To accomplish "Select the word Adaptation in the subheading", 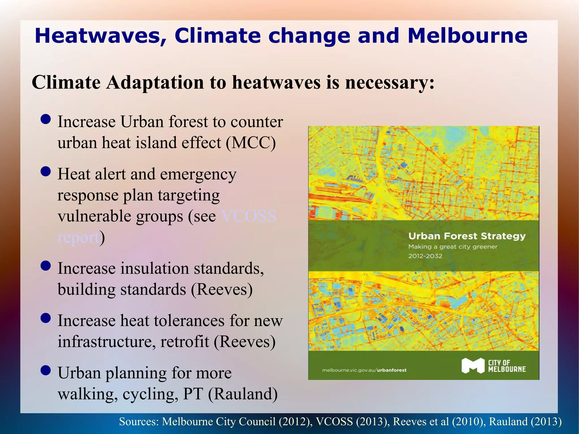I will (155, 83).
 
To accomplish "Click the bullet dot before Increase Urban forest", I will (46, 119).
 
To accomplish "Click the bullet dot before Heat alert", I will (46, 171).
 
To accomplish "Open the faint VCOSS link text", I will (249, 216).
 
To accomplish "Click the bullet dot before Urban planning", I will (46, 370).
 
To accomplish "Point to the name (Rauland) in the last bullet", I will (243, 394).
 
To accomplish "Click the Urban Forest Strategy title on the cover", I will (467, 236).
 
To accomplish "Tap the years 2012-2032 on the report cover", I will (425, 256).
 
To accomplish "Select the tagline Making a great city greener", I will (453, 247).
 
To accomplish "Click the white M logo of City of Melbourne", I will (473, 366).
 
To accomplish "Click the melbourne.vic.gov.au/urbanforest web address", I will (364, 370).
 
